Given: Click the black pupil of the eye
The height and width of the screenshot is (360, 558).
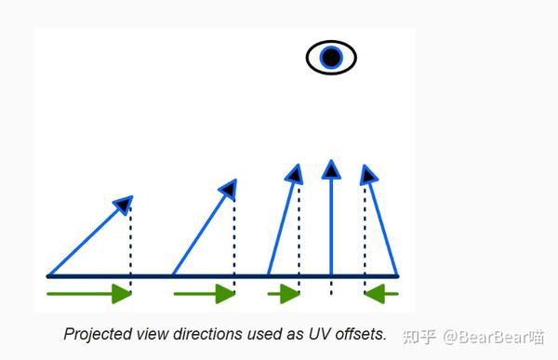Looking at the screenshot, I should coord(331,58).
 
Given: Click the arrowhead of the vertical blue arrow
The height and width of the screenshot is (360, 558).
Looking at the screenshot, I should coord(331,169).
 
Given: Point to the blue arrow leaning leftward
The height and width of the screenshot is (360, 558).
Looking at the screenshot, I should coord(382,223).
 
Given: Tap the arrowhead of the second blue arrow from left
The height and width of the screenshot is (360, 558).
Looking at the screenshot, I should coord(228,189).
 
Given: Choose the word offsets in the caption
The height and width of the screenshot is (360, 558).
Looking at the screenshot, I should coord(357,333).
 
